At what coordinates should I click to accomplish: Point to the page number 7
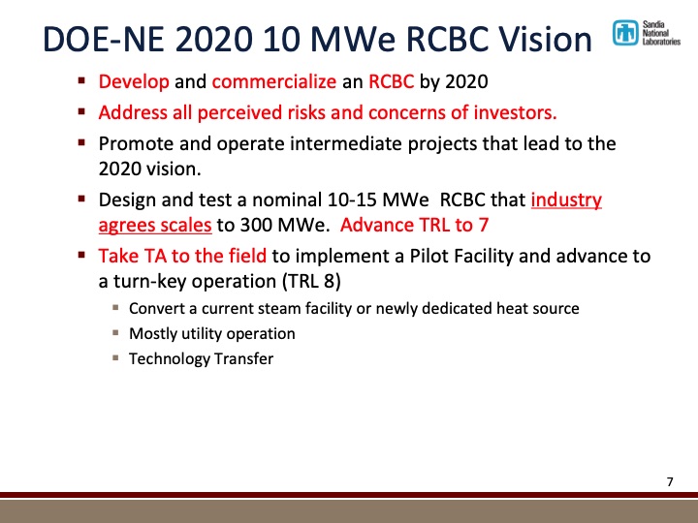(x=670, y=481)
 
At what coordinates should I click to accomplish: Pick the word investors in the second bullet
(x=514, y=112)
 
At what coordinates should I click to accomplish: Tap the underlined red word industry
(x=567, y=201)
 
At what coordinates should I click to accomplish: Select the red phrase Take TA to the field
(x=183, y=257)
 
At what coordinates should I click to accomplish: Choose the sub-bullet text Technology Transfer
(x=202, y=358)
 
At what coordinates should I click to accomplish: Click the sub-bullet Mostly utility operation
(x=212, y=333)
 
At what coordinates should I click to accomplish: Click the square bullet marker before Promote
(x=84, y=142)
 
